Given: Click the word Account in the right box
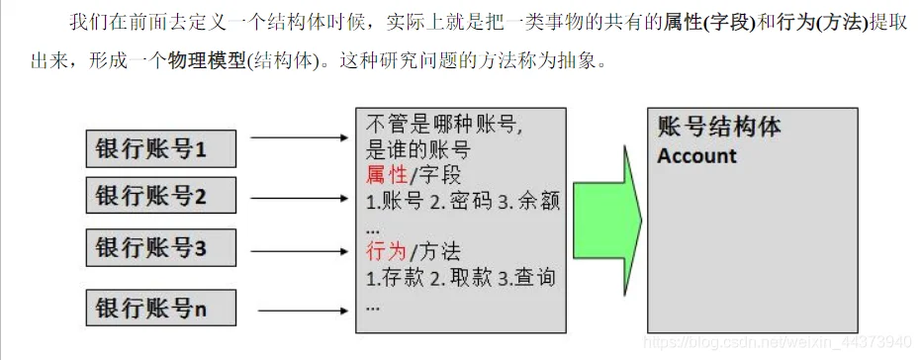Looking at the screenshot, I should click(696, 156).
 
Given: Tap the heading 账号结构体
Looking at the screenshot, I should click(719, 128).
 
